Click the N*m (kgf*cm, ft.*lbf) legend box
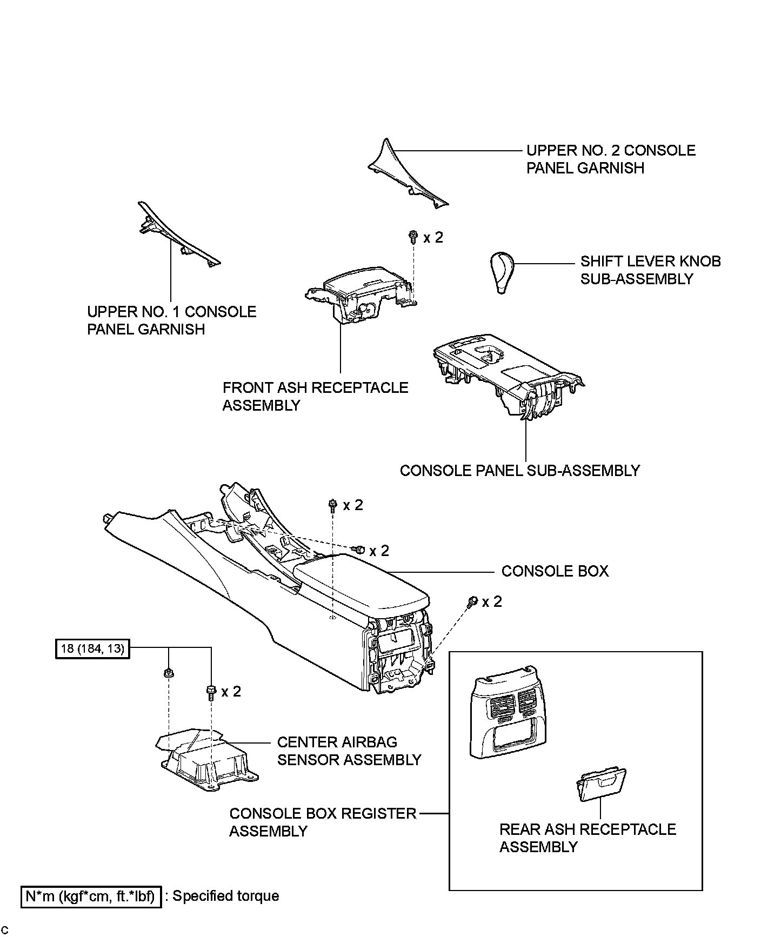(91, 896)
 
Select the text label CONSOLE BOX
(555, 571)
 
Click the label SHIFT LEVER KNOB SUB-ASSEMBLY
(650, 270)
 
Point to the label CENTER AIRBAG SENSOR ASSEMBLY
(349, 751)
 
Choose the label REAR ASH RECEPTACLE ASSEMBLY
(588, 838)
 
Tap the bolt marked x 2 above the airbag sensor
(211, 691)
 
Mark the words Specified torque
(225, 896)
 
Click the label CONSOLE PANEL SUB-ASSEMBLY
(519, 471)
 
